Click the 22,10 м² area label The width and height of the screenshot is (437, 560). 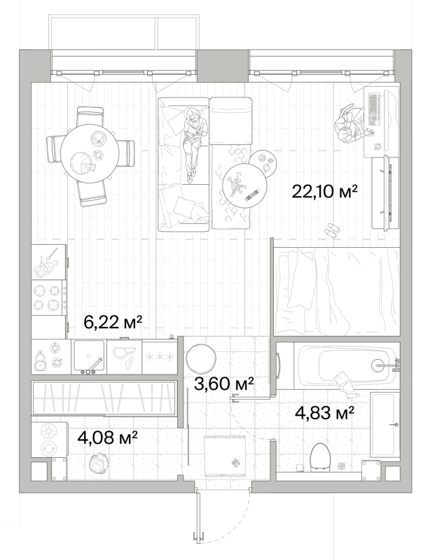click(324, 191)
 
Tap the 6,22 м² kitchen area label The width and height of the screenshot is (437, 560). click(113, 322)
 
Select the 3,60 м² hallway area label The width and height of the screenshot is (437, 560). click(224, 384)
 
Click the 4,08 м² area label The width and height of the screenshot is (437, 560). click(108, 437)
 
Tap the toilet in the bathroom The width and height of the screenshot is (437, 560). click(319, 456)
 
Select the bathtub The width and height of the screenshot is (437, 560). click(345, 365)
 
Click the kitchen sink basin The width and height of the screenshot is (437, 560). click(89, 355)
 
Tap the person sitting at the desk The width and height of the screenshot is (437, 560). click(351, 126)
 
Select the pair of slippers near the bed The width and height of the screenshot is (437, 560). click(331, 230)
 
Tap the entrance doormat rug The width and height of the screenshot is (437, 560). click(225, 456)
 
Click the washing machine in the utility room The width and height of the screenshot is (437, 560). click(48, 440)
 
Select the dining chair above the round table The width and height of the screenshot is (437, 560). click(90, 115)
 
